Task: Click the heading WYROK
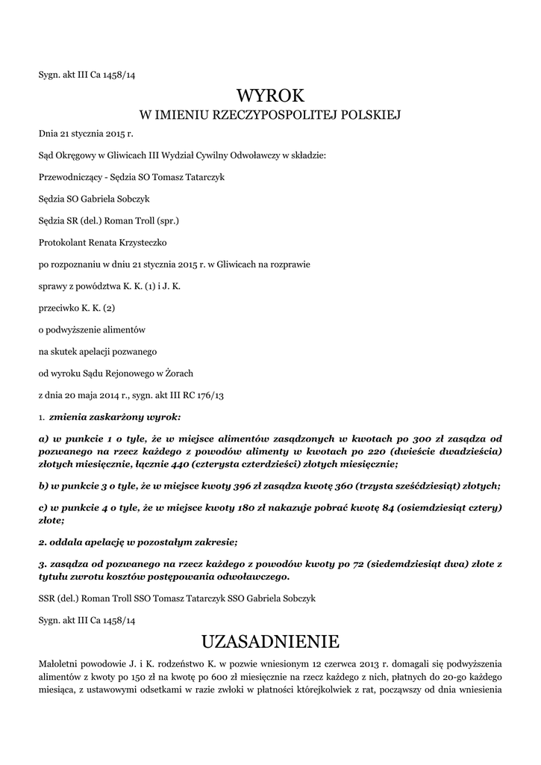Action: click(270, 95)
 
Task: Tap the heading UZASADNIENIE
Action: click(270, 641)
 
